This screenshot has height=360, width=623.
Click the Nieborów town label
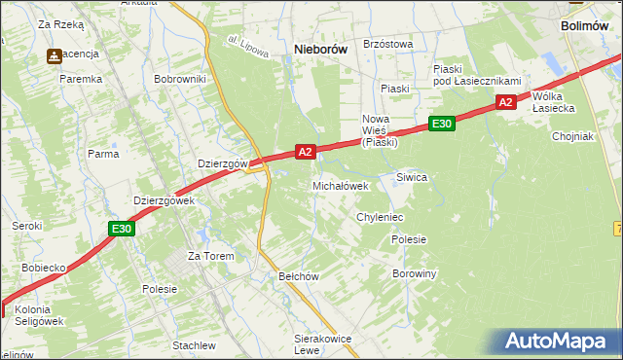point(320,49)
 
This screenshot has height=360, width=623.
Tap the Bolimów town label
point(587,26)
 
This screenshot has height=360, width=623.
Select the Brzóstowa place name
point(387,44)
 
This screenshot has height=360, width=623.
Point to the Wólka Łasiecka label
point(554,102)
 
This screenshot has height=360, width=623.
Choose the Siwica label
point(412,177)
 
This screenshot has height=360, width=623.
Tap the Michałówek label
point(340,185)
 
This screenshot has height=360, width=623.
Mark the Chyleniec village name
point(380,217)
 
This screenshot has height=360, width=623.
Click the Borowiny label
point(414,273)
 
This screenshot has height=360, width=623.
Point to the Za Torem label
point(212,256)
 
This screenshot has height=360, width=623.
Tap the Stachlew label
point(194,345)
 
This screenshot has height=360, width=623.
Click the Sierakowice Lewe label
point(321,344)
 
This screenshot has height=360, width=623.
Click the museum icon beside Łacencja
point(54,55)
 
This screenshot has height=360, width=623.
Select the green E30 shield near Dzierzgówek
point(121,229)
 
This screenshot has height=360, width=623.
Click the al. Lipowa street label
point(247,46)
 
